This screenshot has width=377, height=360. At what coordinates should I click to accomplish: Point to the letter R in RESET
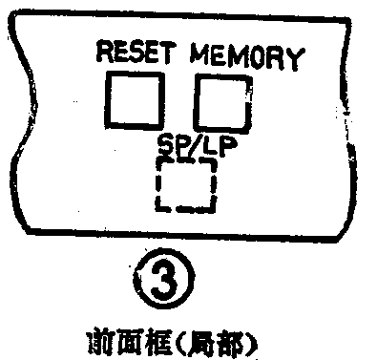click(x=103, y=52)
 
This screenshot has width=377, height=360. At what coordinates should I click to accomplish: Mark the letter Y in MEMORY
click(x=297, y=57)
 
